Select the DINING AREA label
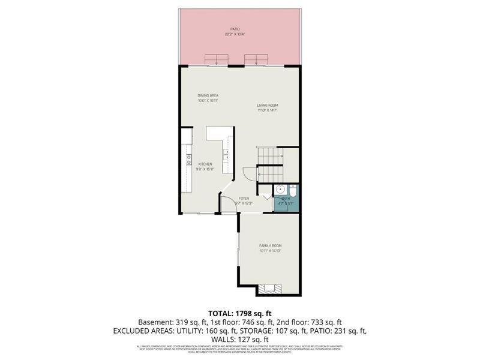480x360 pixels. pos(208,95)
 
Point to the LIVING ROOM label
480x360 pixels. pos(268,106)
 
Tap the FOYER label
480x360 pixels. pos(244,198)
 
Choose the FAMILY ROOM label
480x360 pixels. pos(270,246)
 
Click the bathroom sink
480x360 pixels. pos(280,192)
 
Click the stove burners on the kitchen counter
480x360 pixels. pos(188,160)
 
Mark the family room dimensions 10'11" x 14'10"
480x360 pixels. pos(270,251)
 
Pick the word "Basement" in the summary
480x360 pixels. pos(154,322)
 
